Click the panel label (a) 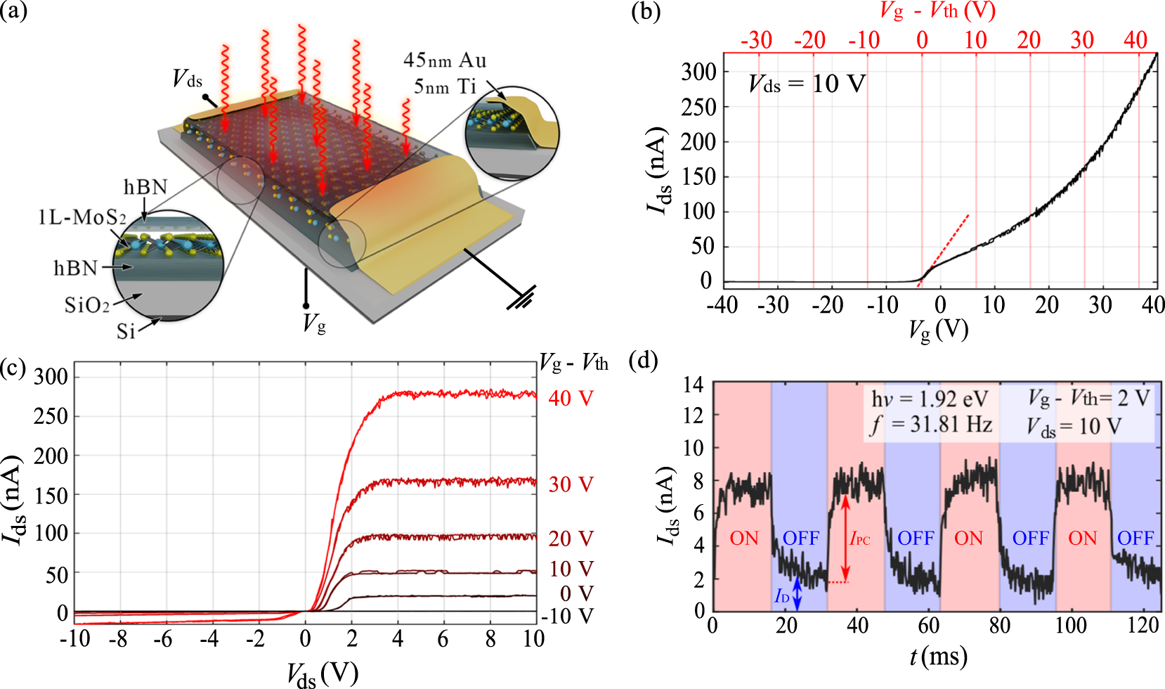click(14, 12)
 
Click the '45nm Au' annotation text click(444, 60)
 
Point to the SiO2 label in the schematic click(87, 305)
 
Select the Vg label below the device click(313, 324)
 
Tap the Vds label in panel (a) click(188, 79)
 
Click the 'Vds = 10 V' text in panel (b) click(807, 84)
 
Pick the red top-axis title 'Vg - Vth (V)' click(937, 11)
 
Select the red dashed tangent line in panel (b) click(945, 249)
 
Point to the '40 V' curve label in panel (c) click(571, 399)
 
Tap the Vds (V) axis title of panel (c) click(323, 674)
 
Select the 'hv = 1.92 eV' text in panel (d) click(930, 399)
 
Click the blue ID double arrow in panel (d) click(797, 594)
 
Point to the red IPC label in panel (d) click(860, 539)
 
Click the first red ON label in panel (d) click(744, 539)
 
